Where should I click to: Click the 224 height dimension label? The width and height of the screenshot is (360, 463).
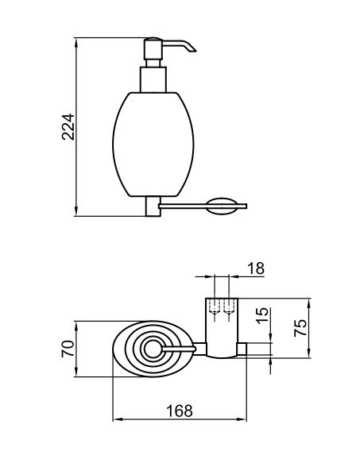coord(68,126)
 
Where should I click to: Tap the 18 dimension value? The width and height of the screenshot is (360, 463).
coord(255,268)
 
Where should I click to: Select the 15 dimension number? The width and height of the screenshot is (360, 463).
coord(262,315)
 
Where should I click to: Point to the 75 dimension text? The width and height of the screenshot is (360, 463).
coord(300,327)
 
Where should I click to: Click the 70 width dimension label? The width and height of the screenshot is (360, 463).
coord(68,349)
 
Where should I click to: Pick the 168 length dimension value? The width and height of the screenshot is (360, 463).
coord(180,411)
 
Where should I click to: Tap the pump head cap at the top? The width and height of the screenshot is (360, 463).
coord(153,48)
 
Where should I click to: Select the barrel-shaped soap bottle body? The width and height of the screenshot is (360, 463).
coord(153,145)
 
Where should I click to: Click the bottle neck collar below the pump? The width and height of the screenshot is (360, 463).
coord(153,79)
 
